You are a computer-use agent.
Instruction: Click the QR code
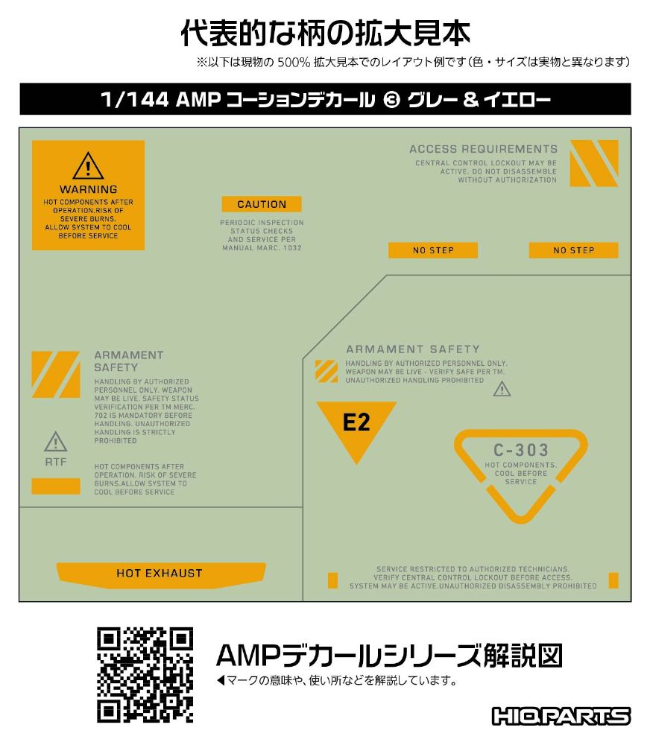point(145,675)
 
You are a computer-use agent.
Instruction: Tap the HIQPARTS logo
point(561,716)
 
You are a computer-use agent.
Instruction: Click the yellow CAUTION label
point(262,204)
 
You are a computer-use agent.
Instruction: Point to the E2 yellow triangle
point(356,425)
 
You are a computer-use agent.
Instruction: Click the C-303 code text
point(520,450)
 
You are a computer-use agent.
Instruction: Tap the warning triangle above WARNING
point(88,166)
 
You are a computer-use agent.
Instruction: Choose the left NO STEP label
point(432,250)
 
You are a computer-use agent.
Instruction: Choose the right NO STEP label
point(573,250)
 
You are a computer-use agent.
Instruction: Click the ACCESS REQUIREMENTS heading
point(483,149)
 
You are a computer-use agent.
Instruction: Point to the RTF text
point(56,462)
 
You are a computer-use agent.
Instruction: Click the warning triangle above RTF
point(56,442)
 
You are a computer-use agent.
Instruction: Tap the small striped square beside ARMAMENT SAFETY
point(326,372)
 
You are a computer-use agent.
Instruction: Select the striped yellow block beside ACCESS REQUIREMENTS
point(594,163)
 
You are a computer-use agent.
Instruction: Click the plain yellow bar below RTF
point(56,486)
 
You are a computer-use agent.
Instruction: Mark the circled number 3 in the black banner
point(391,100)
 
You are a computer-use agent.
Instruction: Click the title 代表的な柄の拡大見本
point(325,34)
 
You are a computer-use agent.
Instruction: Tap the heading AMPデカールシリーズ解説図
point(389,656)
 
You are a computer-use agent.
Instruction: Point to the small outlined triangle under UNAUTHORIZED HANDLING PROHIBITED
point(502,389)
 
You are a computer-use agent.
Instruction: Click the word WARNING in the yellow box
point(89,189)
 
